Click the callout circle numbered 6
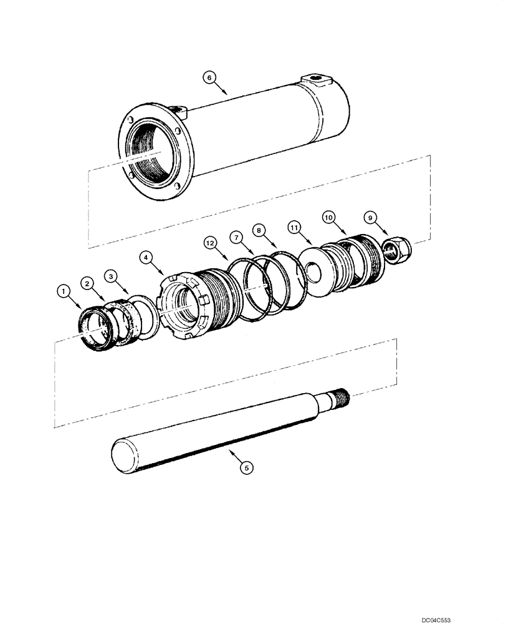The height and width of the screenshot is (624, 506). pos(209,77)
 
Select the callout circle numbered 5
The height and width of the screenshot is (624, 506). pos(247,466)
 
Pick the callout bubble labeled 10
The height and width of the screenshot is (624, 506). pos(329,217)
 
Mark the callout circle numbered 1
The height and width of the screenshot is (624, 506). pos(62,290)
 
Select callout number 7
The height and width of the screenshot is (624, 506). pos(236,237)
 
